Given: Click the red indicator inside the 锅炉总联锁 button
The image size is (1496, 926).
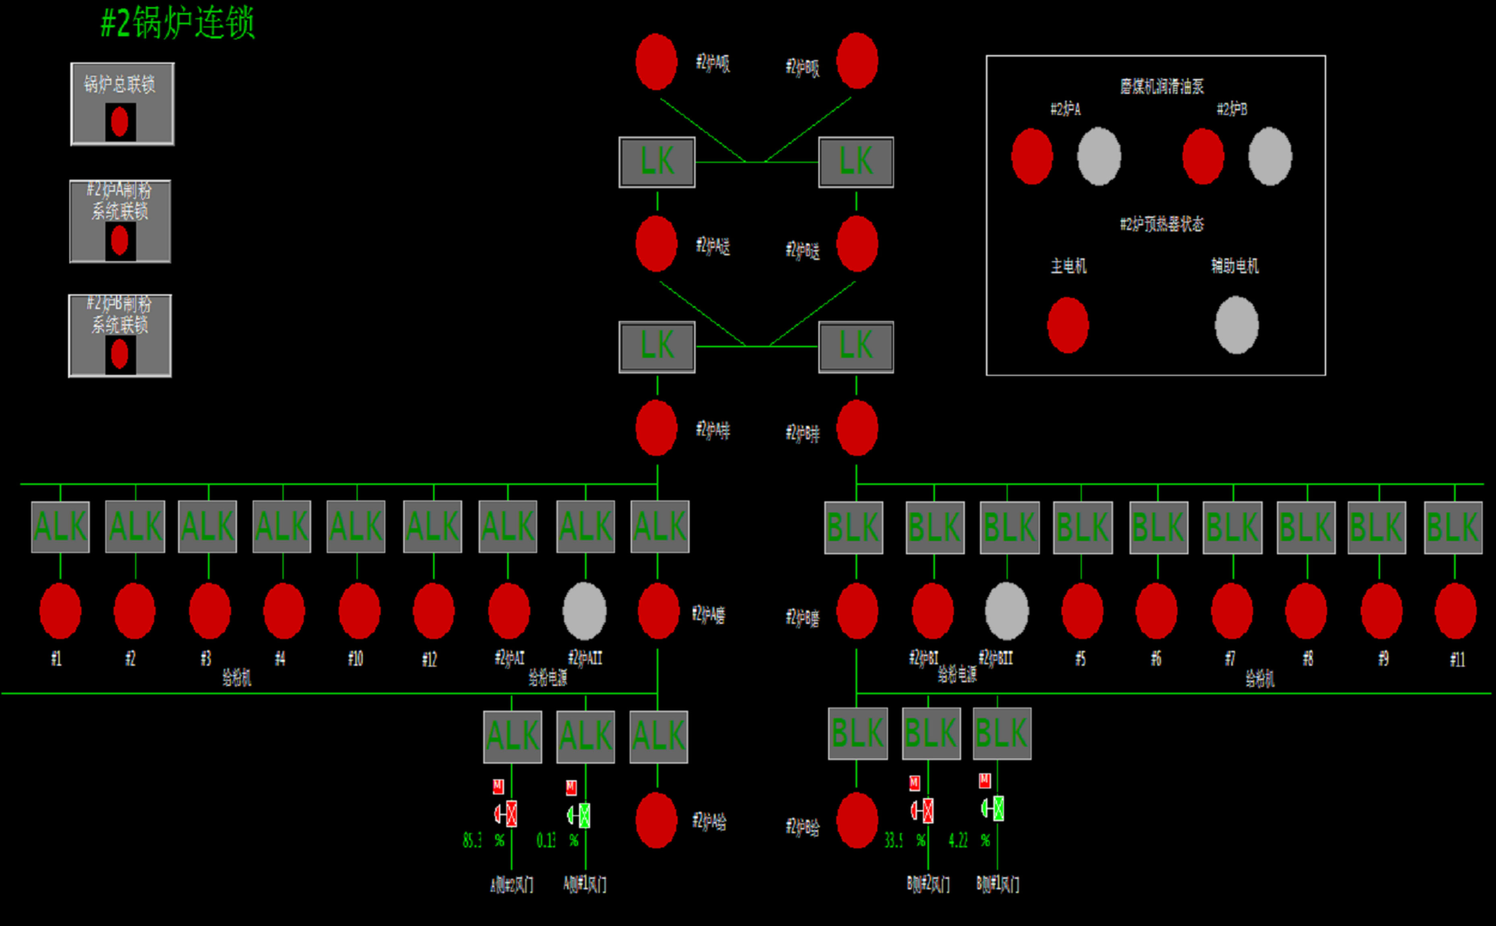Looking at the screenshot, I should (x=120, y=121).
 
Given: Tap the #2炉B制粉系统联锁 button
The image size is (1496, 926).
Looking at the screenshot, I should (x=120, y=336).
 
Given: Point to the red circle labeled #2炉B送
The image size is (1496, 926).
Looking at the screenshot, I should (x=857, y=244).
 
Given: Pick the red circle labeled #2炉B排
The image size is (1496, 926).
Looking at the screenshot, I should (x=857, y=428).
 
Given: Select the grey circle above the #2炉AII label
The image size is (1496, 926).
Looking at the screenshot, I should (x=584, y=611).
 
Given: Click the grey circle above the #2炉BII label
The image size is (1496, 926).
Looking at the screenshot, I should (x=1007, y=611).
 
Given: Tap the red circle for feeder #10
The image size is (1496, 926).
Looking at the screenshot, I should (x=359, y=611).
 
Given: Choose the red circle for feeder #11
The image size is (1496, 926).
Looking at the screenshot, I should (x=1455, y=611).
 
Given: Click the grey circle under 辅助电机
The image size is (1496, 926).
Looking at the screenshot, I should (x=1236, y=325).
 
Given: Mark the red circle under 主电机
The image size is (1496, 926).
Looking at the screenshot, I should (x=1068, y=325).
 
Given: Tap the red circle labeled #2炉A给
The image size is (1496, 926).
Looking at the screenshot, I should (x=656, y=821).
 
